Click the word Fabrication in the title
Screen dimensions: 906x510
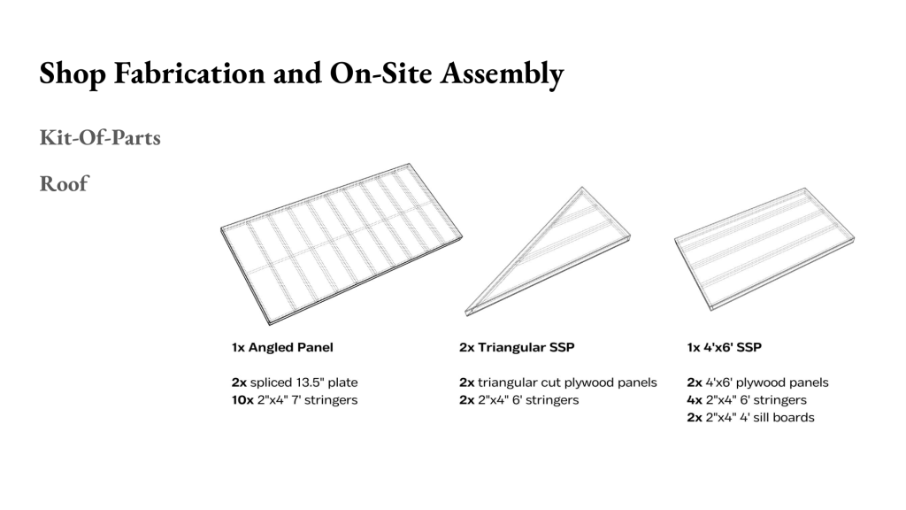(189, 73)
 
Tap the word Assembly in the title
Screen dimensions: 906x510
(502, 74)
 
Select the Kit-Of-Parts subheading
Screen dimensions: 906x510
(100, 137)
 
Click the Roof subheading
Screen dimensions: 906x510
(64, 183)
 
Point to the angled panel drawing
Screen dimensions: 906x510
(341, 243)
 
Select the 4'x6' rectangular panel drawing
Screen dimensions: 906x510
(764, 249)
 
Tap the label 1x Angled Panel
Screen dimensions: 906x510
(282, 347)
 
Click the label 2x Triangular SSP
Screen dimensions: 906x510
(517, 347)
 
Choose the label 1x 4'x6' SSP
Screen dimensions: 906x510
(725, 347)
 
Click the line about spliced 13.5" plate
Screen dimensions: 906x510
(295, 382)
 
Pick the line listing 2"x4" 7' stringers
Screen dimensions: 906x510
(295, 400)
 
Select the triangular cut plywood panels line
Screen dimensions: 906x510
(558, 382)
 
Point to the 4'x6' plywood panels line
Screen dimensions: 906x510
(758, 382)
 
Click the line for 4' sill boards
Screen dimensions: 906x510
(750, 418)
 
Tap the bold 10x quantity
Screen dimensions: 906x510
(242, 400)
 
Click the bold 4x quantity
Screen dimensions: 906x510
(695, 400)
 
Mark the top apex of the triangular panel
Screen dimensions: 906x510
(582, 188)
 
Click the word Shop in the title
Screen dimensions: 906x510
(73, 74)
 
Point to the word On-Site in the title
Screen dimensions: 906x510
(380, 73)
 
